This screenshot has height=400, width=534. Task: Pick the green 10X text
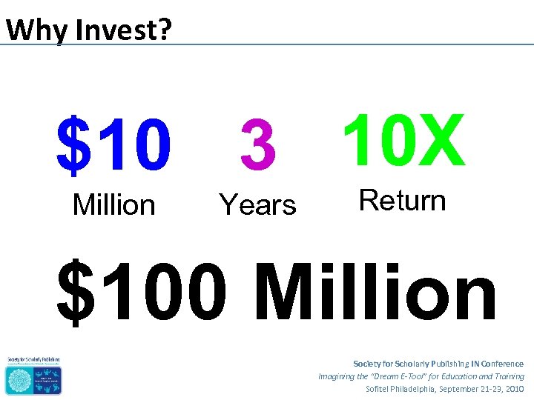pos(403,141)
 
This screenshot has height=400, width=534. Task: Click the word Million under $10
pos(113,205)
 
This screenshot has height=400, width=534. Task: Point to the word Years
pos(257,205)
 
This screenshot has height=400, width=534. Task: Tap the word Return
pos(402,201)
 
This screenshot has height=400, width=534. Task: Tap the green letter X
pos(443,141)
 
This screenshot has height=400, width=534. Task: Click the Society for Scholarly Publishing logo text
pos(33,360)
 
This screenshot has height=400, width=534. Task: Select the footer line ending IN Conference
pos(438,364)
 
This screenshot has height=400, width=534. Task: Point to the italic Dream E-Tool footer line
pos(421,376)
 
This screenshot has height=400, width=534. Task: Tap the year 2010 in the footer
pos(513,389)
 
